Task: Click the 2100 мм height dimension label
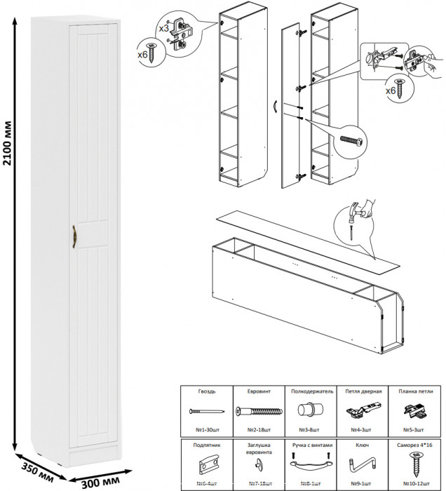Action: [x=8, y=144]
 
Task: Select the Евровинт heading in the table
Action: [x=258, y=391]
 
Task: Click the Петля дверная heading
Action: [x=363, y=391]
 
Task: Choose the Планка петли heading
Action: [x=416, y=391]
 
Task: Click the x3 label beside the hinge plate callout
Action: [x=163, y=28]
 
